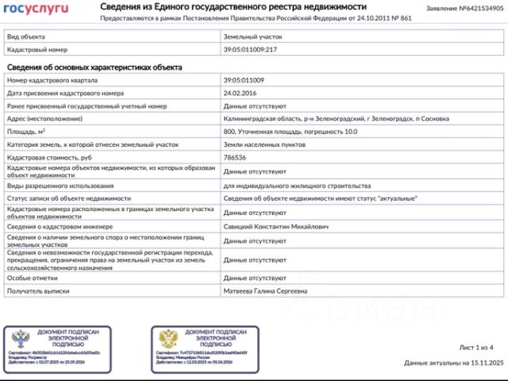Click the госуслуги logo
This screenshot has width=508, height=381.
pyautogui.click(x=37, y=9)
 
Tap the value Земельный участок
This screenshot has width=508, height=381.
pyautogui.click(x=252, y=37)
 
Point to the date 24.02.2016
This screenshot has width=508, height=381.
pyautogui.click(x=241, y=93)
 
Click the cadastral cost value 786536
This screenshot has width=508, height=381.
pyautogui.click(x=237, y=157)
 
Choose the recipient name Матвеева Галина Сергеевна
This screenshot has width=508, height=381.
pyautogui.click(x=266, y=291)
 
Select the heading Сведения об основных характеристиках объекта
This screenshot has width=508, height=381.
pyautogui.click(x=94, y=67)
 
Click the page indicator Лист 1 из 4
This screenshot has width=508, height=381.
pyautogui.click(x=476, y=348)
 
